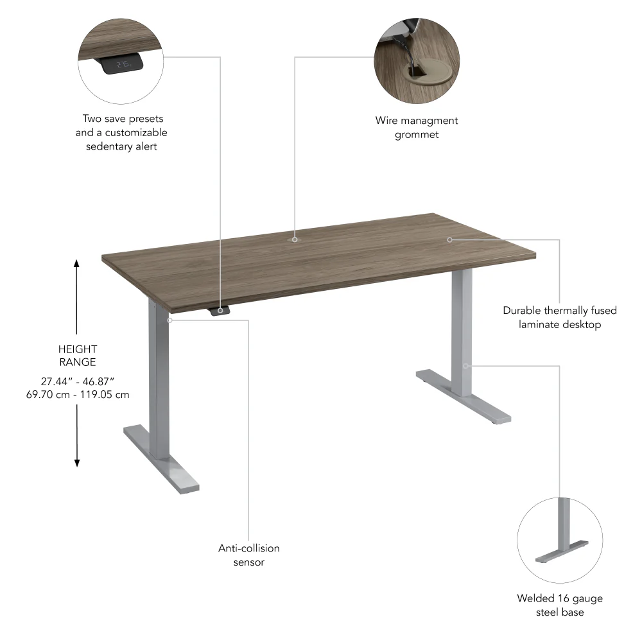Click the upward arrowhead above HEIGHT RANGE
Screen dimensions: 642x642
tap(76, 263)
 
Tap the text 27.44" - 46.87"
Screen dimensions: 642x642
tap(77, 381)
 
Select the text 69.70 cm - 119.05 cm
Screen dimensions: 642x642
tap(77, 394)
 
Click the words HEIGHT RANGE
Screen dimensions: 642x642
tap(77, 356)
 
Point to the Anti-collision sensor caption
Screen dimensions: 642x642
tap(248, 555)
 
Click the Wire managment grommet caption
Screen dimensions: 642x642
tap(417, 127)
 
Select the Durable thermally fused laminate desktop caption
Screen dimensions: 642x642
tap(559, 317)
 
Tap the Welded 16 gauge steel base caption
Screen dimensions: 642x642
tap(559, 605)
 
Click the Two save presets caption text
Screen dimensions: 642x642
tap(121, 132)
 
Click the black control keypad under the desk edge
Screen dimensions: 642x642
tap(220, 311)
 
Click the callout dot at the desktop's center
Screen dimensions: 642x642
tap(295, 239)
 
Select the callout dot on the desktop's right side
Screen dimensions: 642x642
tap(449, 239)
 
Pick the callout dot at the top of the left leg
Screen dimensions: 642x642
tap(169, 319)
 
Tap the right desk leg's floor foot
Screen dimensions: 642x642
tap(464, 396)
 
